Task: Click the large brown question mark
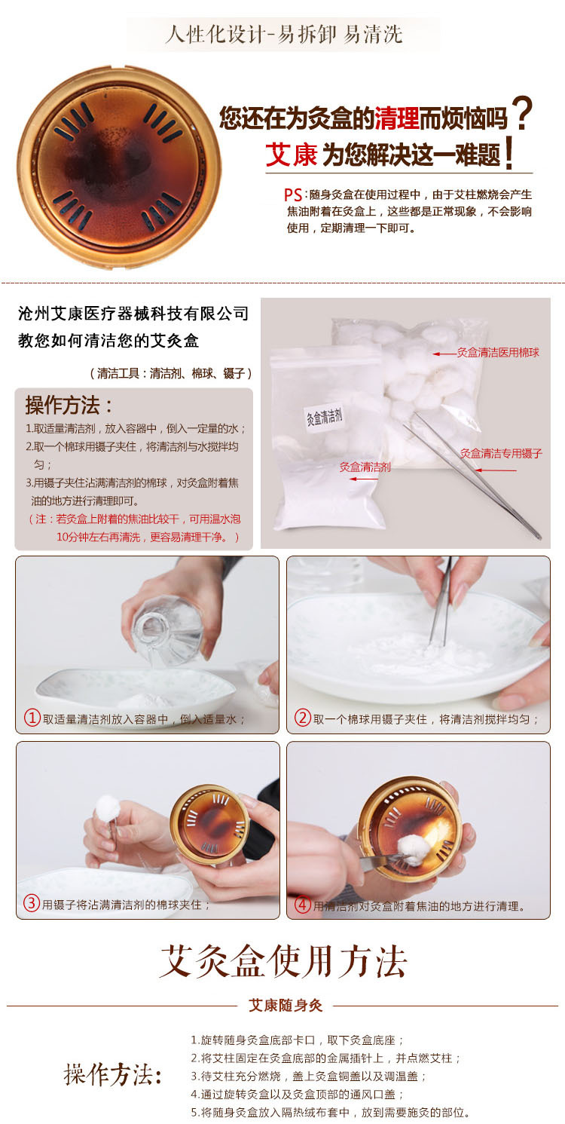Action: click(521, 115)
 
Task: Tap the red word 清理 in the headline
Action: click(396, 118)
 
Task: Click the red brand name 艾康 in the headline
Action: click(292, 154)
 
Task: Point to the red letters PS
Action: click(293, 194)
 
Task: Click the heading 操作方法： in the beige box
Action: click(69, 406)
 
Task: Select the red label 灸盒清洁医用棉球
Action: click(498, 352)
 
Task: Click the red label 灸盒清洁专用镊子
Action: click(501, 454)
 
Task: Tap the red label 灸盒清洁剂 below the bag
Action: click(365, 467)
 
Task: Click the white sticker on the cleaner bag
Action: click(325, 416)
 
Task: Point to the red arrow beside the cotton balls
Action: click(444, 354)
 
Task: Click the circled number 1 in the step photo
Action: click(32, 718)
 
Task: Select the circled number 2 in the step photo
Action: click(302, 718)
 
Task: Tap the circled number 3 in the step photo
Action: click(32, 903)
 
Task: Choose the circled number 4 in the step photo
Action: click(302, 905)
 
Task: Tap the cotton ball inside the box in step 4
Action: click(412, 850)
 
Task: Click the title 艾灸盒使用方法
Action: click(282, 962)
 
